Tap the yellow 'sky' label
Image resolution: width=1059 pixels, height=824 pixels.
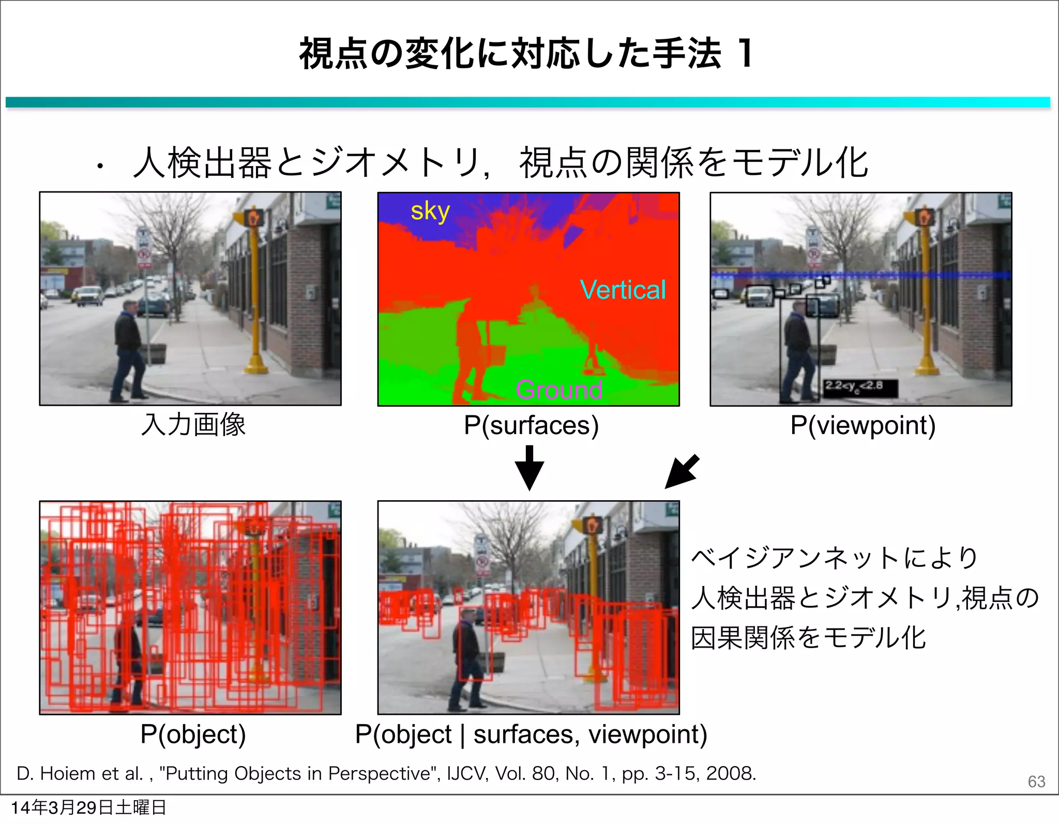pyautogui.click(x=430, y=212)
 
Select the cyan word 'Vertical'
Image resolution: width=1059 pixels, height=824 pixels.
pyautogui.click(x=623, y=290)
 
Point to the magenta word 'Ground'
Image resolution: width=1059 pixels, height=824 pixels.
pyautogui.click(x=558, y=389)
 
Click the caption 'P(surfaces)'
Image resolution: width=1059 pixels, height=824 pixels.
pyautogui.click(x=531, y=425)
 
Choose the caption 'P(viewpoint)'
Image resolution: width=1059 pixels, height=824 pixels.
pyautogui.click(x=863, y=425)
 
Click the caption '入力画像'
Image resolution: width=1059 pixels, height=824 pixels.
pyautogui.click(x=193, y=425)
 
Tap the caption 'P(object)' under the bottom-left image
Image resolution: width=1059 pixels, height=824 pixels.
pyautogui.click(x=193, y=734)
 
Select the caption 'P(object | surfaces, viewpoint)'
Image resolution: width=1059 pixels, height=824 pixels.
pyautogui.click(x=531, y=734)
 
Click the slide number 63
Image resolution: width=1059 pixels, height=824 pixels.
pyautogui.click(x=1036, y=781)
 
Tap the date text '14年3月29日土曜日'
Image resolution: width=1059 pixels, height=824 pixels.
pyautogui.click(x=88, y=807)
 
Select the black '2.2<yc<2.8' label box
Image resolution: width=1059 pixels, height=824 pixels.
pyautogui.click(x=860, y=387)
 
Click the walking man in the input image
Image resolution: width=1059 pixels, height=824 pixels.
pyautogui.click(x=127, y=352)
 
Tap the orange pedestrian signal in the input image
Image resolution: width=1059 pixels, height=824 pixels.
pyautogui.click(x=254, y=217)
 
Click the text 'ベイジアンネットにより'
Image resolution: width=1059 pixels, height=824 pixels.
pyautogui.click(x=834, y=558)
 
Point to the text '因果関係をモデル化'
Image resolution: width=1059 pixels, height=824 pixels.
pyautogui.click(x=808, y=637)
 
